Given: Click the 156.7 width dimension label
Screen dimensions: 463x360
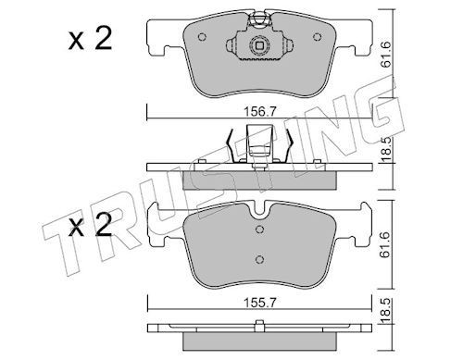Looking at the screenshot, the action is (x=259, y=111).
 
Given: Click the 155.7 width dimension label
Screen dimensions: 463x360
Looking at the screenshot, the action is (x=259, y=303).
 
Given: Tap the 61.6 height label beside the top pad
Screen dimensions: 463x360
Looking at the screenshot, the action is (x=385, y=55).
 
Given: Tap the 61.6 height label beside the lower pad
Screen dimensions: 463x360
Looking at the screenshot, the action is (x=385, y=245).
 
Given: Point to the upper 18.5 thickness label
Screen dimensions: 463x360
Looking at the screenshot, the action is (x=385, y=149).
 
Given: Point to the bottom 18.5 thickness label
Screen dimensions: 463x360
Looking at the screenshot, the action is (x=385, y=311).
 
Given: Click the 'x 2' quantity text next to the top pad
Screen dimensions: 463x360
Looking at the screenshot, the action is (x=90, y=39).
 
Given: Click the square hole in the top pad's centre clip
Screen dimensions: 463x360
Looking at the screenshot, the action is (x=259, y=46).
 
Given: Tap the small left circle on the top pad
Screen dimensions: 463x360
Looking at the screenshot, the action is (x=202, y=37).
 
